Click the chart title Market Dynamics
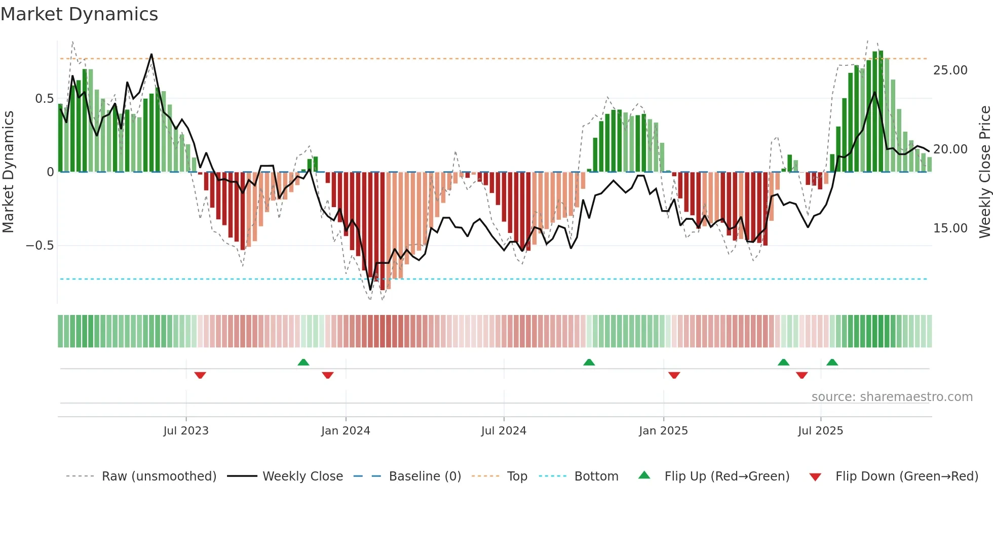click(x=79, y=14)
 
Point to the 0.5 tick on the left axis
click(x=44, y=99)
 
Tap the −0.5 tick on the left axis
click(x=40, y=246)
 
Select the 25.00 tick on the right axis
click(x=950, y=70)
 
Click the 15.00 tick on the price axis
click(x=950, y=228)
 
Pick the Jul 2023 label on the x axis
click(x=186, y=431)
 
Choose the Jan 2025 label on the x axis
click(x=663, y=431)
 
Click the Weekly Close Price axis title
click(x=984, y=172)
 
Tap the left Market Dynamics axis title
click(x=8, y=172)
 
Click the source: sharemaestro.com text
click(x=892, y=397)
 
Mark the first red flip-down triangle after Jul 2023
click(x=200, y=375)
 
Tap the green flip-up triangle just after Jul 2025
click(x=832, y=362)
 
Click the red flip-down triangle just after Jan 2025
click(x=674, y=375)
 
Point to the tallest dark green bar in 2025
click(x=881, y=111)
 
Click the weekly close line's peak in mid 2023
click(x=151, y=55)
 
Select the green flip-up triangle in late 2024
click(x=589, y=362)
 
